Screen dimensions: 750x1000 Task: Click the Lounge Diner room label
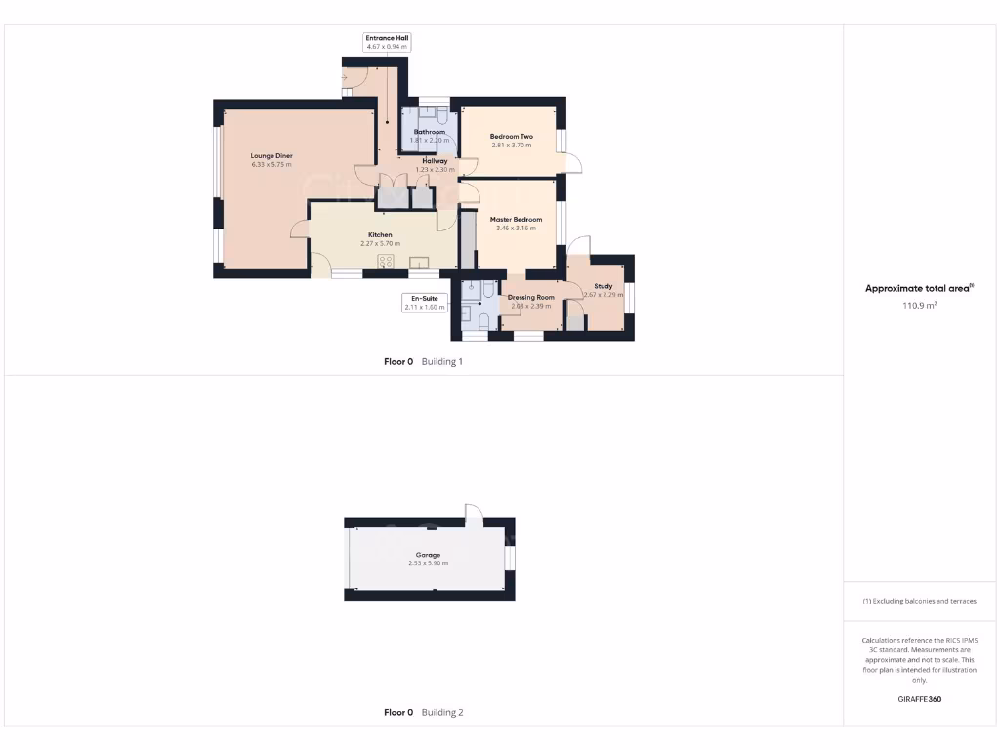[x=271, y=156]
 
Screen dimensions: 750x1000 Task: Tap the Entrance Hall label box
[x=387, y=42]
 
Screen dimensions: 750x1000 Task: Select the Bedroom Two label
[x=511, y=137]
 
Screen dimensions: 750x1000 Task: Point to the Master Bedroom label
[x=516, y=220]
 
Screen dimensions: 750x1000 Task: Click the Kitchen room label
[x=380, y=235]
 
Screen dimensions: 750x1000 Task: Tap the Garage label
[x=428, y=554]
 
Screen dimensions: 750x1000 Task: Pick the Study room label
[x=603, y=286]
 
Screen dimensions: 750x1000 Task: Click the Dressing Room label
[x=530, y=297]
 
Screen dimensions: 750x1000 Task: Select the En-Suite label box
[x=424, y=302]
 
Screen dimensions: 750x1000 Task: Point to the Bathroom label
[x=429, y=132]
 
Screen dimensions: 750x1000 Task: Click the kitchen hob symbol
[x=386, y=261]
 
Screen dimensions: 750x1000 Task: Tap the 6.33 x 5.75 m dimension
[x=271, y=165]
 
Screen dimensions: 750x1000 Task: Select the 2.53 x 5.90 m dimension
[x=428, y=563]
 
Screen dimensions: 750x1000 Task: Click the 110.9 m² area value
[x=918, y=306]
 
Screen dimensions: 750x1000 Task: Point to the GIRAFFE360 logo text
[x=918, y=699]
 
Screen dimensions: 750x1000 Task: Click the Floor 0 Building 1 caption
[x=423, y=361]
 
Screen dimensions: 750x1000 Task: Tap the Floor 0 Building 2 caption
[x=423, y=712]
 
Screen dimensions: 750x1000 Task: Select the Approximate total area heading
[x=918, y=288]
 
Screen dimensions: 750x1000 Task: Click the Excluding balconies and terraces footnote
[x=918, y=601]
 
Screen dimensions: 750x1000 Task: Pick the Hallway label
[x=435, y=161]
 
